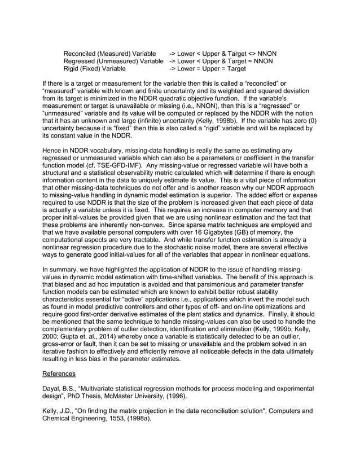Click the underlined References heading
(60, 373)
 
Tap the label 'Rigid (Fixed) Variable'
(94, 69)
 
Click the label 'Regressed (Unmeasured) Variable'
(113, 61)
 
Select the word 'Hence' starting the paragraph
(53, 150)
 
